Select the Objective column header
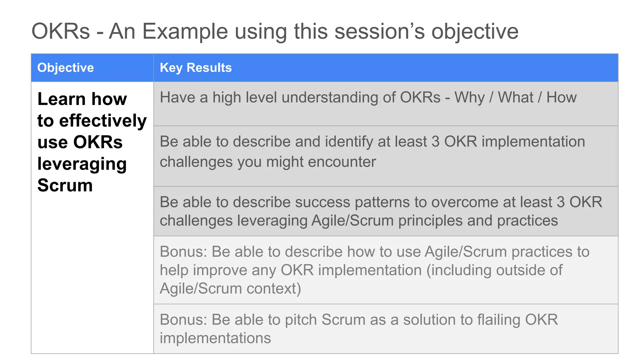tap(65, 68)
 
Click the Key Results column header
tap(196, 68)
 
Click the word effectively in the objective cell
tap(103, 121)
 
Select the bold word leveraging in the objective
tap(82, 164)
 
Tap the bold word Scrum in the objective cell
tap(65, 185)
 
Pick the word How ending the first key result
tap(561, 97)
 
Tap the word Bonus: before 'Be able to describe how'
tap(183, 252)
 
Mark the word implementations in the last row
tap(215, 338)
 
